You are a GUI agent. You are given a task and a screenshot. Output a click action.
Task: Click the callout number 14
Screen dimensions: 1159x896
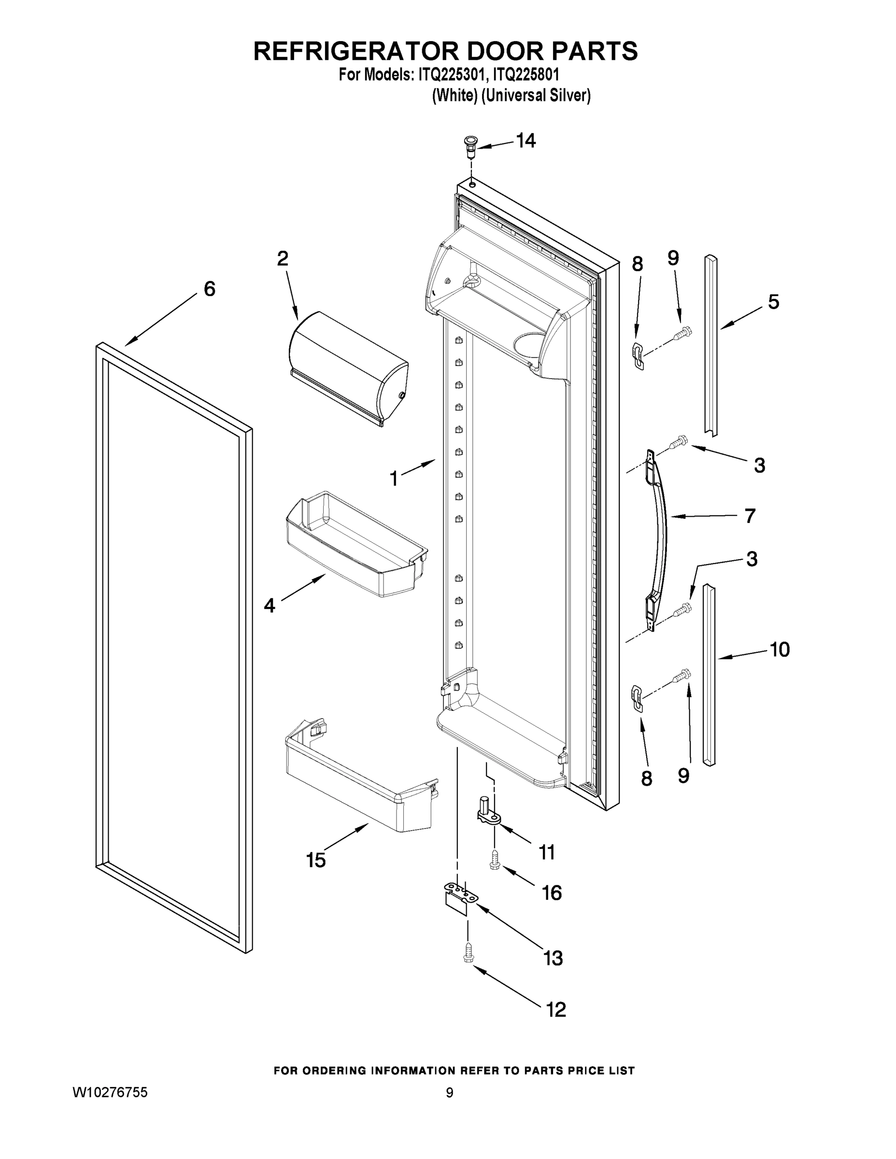coord(526,141)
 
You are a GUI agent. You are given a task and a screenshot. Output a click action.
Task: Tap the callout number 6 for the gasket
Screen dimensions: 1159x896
coord(210,289)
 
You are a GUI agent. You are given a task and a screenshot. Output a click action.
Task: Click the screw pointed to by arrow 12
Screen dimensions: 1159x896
coord(468,953)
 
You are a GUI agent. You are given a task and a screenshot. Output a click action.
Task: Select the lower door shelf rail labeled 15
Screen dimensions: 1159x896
coord(358,775)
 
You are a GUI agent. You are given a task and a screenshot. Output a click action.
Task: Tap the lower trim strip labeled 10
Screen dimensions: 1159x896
coord(709,674)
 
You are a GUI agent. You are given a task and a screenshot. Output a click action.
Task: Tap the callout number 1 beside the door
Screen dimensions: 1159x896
coord(394,479)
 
